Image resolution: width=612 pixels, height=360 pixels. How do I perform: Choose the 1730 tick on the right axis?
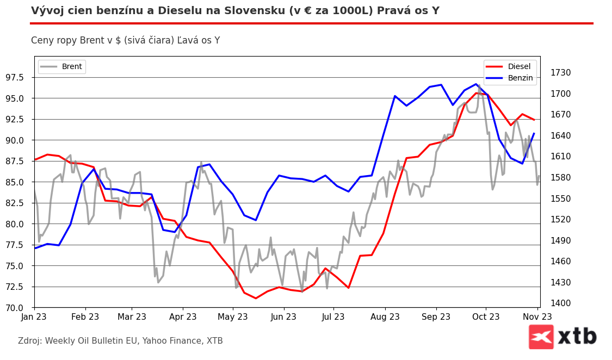(560, 73)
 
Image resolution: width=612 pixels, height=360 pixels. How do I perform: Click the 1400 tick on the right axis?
(560, 303)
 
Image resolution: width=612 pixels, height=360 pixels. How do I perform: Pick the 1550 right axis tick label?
(560, 198)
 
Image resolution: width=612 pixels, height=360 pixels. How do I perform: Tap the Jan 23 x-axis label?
(34, 317)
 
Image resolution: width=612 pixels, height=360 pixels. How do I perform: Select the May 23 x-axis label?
(232, 317)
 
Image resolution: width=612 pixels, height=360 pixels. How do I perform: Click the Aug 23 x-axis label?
(385, 317)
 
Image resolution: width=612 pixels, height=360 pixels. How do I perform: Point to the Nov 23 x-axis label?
(537, 317)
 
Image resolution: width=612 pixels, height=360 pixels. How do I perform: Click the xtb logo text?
(577, 337)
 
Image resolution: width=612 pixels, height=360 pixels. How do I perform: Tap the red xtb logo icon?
(541, 337)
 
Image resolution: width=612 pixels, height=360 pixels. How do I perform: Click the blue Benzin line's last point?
(534, 133)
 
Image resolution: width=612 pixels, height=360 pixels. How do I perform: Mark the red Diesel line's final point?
(534, 120)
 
